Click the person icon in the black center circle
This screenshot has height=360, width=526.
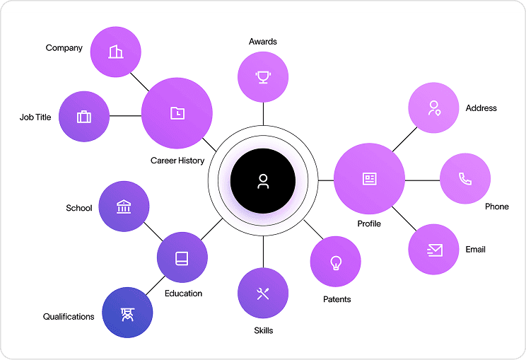click(263, 182)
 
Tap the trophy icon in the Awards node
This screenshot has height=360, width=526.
click(263, 76)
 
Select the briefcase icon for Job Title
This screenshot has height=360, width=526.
click(84, 117)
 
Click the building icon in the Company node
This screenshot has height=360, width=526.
click(116, 52)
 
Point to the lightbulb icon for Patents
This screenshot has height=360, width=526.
click(336, 262)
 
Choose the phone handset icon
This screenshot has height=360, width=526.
click(465, 179)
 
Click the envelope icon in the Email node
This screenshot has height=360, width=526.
click(434, 250)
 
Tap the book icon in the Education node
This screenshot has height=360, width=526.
click(182, 257)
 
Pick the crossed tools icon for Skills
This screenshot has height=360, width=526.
click(263, 294)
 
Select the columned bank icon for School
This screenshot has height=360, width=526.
click(124, 207)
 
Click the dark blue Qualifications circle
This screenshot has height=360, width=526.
click(128, 313)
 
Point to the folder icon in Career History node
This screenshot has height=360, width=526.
click(177, 113)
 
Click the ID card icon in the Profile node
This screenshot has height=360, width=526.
click(369, 180)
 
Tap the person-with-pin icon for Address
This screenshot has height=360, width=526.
click(434, 108)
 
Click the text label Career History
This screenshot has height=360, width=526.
click(177, 161)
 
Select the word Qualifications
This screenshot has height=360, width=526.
click(69, 317)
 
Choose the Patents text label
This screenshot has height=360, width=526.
click(337, 299)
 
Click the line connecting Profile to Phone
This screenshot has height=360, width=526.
click(422, 180)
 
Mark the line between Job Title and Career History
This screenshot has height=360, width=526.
click(125, 116)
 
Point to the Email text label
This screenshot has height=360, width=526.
click(475, 250)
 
